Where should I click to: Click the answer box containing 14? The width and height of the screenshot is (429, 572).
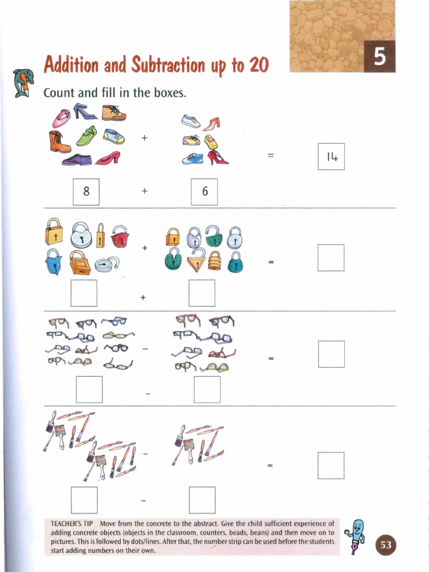(331, 156)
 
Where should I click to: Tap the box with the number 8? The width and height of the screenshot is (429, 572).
(86, 192)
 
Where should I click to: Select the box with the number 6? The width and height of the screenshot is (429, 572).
(204, 192)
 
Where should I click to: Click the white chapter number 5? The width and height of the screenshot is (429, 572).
(380, 56)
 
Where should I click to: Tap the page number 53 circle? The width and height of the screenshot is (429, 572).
(385, 545)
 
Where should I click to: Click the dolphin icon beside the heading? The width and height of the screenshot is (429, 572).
(23, 83)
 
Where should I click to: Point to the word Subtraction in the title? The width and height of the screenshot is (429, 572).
(168, 65)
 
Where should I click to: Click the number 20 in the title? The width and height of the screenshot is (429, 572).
(259, 65)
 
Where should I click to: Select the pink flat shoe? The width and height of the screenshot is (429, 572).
(61, 118)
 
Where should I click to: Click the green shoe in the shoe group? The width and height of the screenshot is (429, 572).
(87, 136)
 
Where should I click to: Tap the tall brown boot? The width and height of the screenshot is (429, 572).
(59, 142)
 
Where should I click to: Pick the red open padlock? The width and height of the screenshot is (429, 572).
(120, 236)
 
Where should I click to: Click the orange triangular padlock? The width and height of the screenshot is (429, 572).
(197, 259)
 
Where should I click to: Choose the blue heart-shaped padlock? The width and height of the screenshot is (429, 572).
(54, 261)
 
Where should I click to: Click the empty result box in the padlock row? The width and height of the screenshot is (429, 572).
(331, 258)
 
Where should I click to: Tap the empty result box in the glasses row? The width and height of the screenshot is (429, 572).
(331, 354)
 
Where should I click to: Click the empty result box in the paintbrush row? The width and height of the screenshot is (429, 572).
(331, 465)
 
